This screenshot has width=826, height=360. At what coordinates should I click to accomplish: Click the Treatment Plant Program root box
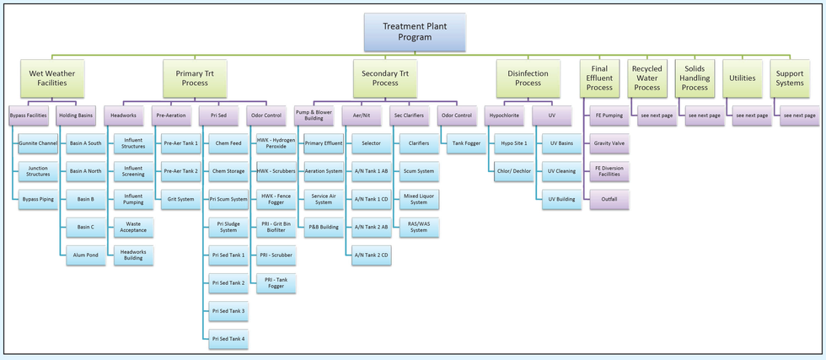pyautogui.click(x=415, y=32)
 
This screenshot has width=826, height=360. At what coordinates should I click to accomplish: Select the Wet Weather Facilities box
pyautogui.click(x=52, y=78)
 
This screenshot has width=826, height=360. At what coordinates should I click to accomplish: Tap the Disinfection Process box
pyautogui.click(x=528, y=78)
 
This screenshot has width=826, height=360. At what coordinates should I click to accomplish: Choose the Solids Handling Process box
pyautogui.click(x=695, y=78)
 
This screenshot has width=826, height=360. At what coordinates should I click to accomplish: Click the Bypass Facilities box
pyautogui.click(x=28, y=115)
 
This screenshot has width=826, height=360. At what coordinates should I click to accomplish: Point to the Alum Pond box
pyautogui.click(x=85, y=255)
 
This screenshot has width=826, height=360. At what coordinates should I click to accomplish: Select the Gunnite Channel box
pyautogui.click(x=38, y=143)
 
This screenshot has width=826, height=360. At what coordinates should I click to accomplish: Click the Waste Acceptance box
pyautogui.click(x=133, y=228)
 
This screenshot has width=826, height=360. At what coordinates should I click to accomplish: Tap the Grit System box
pyautogui.click(x=180, y=200)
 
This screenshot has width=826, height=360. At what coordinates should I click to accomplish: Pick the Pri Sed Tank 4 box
pyautogui.click(x=228, y=339)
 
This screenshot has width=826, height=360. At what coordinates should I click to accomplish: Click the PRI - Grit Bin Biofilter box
pyautogui.click(x=276, y=228)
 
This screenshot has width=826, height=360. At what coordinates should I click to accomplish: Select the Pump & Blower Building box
pyautogui.click(x=314, y=115)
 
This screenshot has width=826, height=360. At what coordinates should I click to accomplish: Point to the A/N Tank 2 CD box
pyautogui.click(x=371, y=255)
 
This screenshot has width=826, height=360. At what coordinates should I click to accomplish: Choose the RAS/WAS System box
pyautogui.click(x=418, y=228)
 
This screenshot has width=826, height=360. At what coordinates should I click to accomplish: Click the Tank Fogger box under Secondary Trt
pyautogui.click(x=466, y=143)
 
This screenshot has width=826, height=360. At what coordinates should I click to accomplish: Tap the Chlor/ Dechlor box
pyautogui.click(x=514, y=171)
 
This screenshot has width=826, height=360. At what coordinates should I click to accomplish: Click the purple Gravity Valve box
pyautogui.click(x=609, y=143)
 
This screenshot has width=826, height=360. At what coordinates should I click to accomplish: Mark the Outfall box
pyautogui.click(x=609, y=200)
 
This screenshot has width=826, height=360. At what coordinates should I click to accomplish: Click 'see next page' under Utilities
pyautogui.click(x=752, y=115)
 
